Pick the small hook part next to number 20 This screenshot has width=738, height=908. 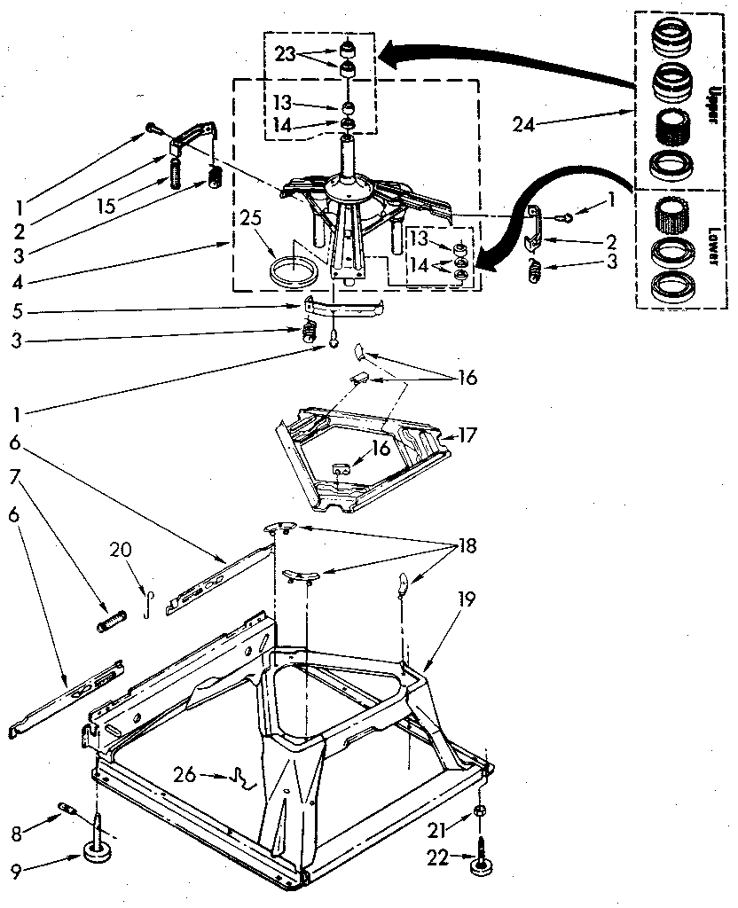coord(150,602)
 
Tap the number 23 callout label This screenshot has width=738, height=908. coord(284,54)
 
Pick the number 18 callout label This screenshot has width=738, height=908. coord(465,546)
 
